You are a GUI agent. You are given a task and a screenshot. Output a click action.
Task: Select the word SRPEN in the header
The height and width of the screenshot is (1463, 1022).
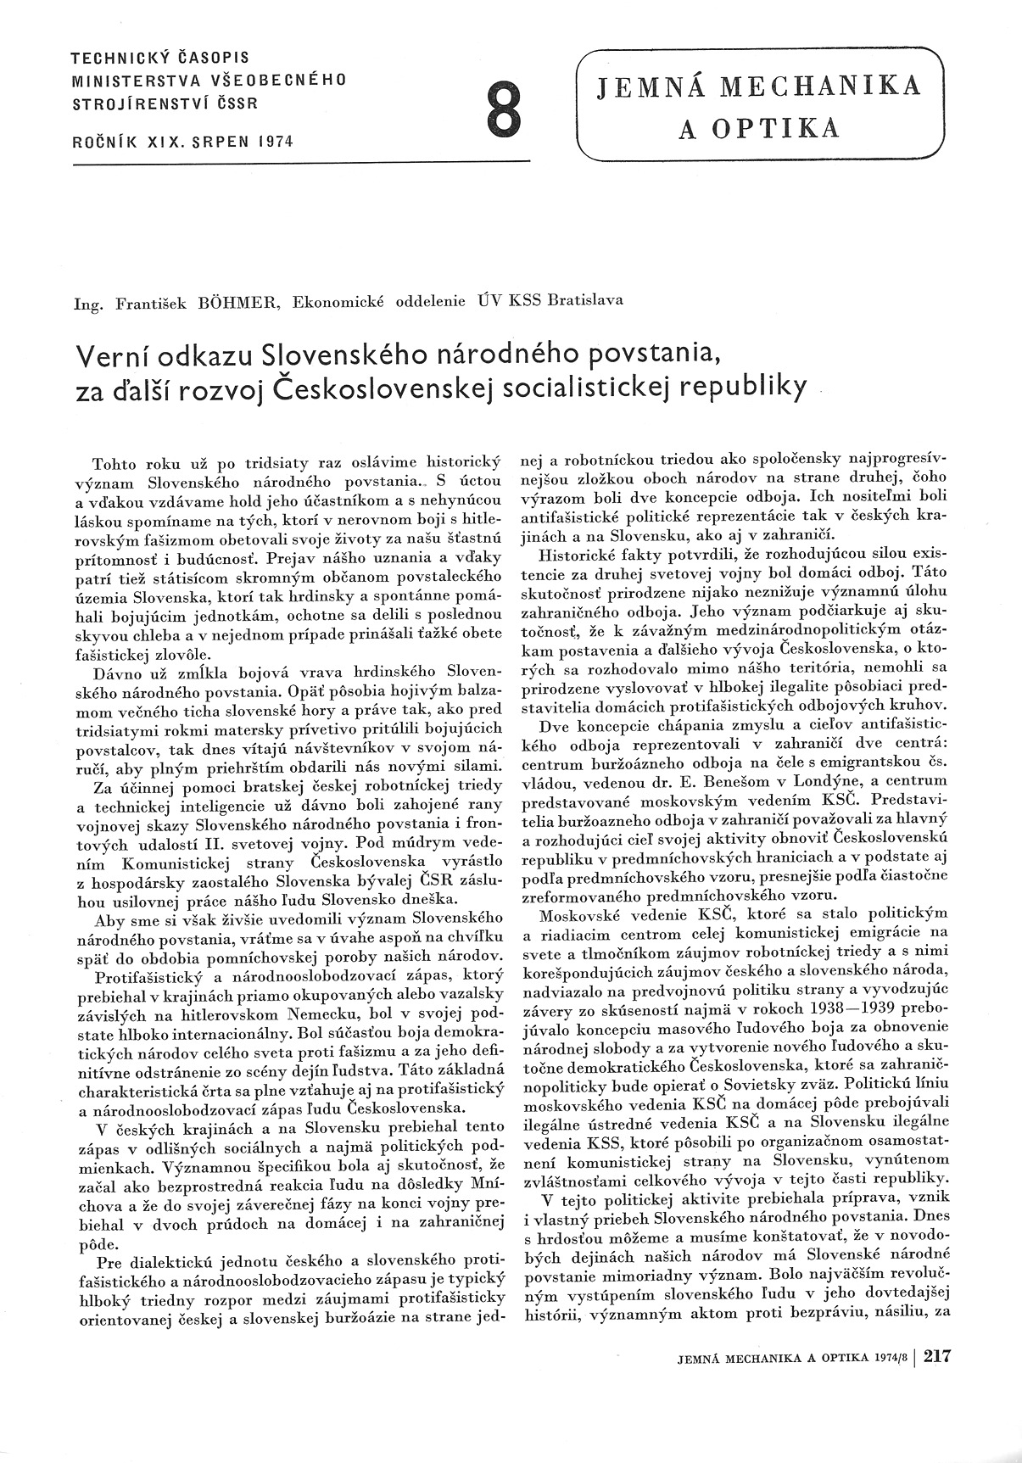[x=208, y=142]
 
